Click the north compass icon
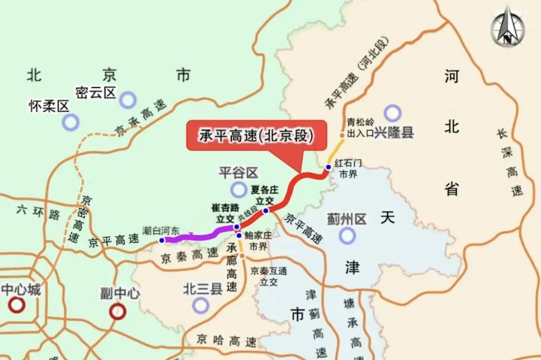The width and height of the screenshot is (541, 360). coord(507,27)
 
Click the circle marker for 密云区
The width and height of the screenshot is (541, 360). coord(128,99)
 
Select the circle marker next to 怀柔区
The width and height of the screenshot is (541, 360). coord(70,122)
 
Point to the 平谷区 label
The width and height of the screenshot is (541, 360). coord(238,173)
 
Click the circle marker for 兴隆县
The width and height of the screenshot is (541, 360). coord(393,112)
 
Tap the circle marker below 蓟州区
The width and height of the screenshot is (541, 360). coord(347,235)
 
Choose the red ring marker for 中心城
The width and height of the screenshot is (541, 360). coord(17,305)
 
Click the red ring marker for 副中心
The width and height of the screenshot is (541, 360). coord(117,311)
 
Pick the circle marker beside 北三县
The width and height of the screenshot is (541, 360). coord(201,305)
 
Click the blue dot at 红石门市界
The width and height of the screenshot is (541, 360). coord(328,167)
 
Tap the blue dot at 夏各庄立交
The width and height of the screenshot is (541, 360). coord(266,210)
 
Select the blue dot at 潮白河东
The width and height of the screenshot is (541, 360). coord(162,240)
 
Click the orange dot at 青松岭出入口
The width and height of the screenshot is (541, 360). coord(342,135)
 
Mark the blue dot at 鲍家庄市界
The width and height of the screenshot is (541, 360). coord(239,235)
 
